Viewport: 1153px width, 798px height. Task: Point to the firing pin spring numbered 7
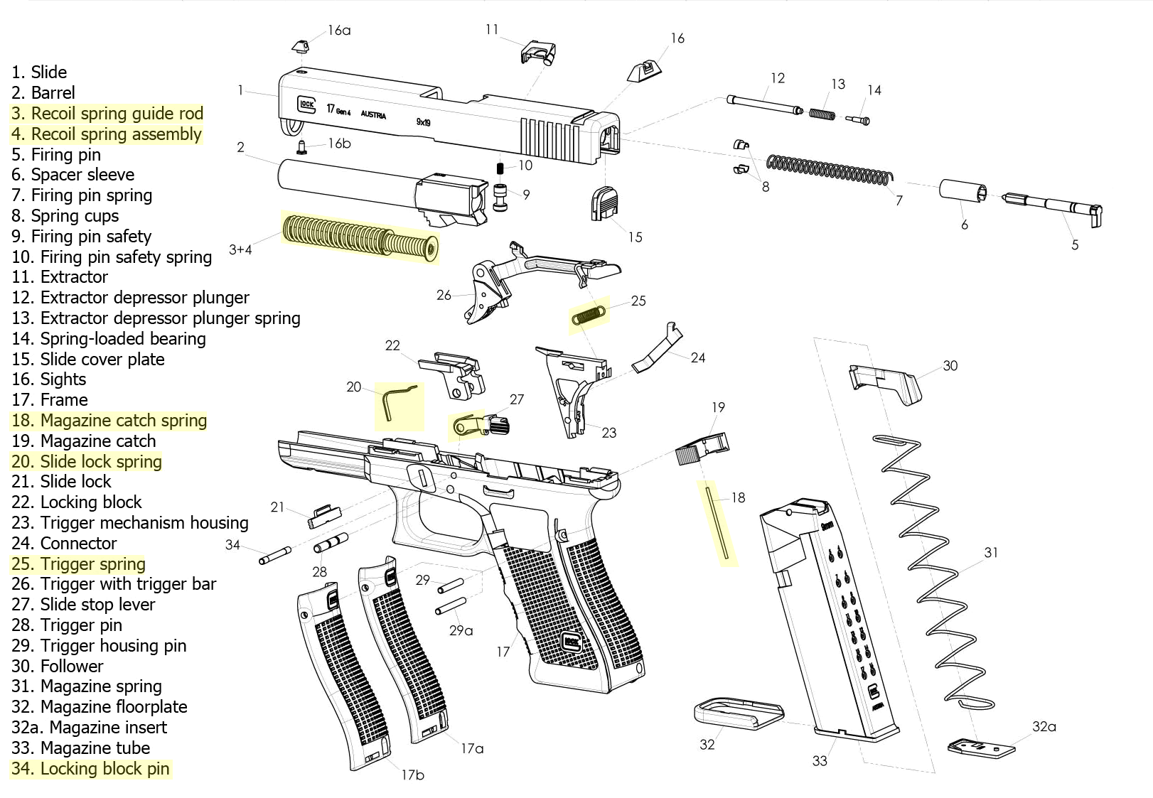[x=828, y=168]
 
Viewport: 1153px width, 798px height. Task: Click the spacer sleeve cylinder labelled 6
[x=962, y=191]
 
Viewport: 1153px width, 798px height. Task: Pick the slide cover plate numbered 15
[x=605, y=203]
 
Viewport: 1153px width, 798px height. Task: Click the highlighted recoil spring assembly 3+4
[x=359, y=237]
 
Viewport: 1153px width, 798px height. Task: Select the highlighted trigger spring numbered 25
[x=589, y=315]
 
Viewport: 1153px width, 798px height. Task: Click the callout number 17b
[x=412, y=775]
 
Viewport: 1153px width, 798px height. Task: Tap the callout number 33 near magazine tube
[x=820, y=761]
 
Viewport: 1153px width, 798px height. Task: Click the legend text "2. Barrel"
[x=43, y=93]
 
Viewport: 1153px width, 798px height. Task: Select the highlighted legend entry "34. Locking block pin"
[x=91, y=769]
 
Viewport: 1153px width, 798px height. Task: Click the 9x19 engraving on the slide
[x=423, y=122]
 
